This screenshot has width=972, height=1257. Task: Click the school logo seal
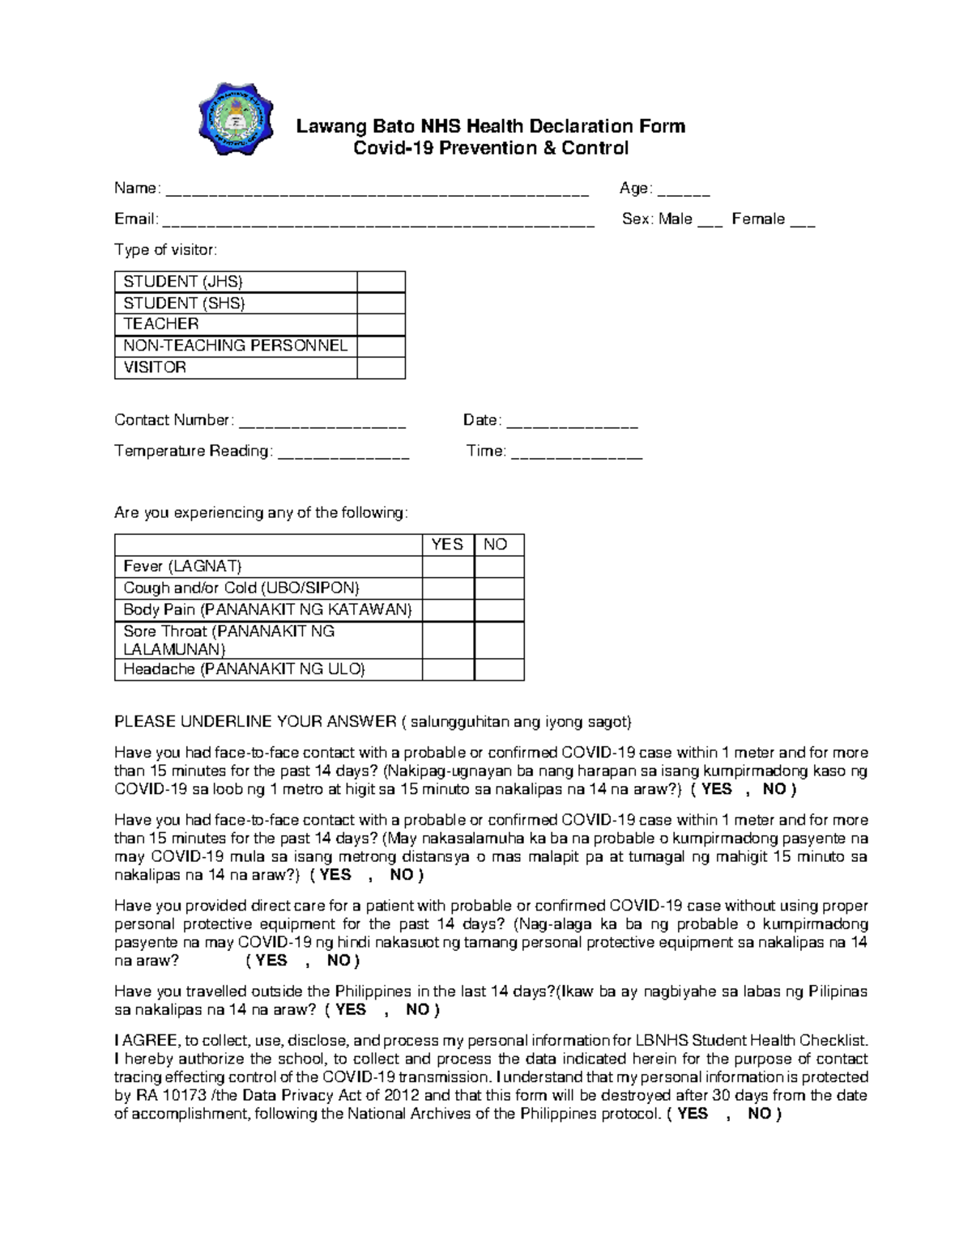point(236,119)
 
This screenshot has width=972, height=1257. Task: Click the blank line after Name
point(377,192)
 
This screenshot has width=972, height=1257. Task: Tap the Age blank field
point(684,192)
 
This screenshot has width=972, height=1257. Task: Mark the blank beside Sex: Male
point(710,223)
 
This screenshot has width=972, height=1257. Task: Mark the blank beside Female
point(802,223)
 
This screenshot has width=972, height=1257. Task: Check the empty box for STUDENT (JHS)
point(381,282)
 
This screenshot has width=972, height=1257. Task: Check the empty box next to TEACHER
point(381,325)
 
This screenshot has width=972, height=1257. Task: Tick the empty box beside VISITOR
point(381,367)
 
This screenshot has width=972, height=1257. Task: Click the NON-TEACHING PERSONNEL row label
point(236,346)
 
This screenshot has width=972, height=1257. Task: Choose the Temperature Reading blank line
point(343,454)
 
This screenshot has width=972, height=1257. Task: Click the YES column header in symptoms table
point(447,545)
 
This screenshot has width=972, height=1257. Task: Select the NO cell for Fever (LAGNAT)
point(499,567)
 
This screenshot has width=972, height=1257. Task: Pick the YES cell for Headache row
point(447,669)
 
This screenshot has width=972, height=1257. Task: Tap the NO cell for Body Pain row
point(499,610)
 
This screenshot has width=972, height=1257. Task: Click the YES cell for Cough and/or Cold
point(447,588)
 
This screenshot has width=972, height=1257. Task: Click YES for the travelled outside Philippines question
point(351,1009)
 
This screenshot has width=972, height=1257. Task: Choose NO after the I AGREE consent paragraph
point(759,1114)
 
